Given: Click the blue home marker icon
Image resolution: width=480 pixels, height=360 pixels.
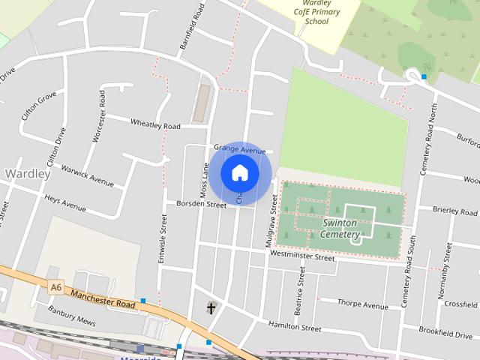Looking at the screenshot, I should [x=240, y=172].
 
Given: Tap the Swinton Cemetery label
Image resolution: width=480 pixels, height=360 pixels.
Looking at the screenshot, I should [x=340, y=229].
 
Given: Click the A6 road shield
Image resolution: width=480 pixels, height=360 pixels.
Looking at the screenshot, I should [x=56, y=286].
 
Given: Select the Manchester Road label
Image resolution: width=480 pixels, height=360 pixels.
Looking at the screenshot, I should [x=104, y=298].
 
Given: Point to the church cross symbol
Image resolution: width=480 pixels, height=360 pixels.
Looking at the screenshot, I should [x=211, y=307].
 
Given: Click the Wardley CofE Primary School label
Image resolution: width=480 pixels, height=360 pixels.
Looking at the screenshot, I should [x=316, y=12].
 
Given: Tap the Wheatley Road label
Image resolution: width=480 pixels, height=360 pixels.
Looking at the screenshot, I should [x=156, y=124].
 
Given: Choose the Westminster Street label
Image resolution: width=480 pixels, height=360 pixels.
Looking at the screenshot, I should [x=302, y=257].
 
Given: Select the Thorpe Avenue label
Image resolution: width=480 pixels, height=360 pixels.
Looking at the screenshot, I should [x=363, y=304].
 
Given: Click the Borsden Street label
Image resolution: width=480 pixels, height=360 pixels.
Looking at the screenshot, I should [x=201, y=204].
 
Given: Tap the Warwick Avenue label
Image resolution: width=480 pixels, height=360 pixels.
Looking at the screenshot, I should [x=88, y=175].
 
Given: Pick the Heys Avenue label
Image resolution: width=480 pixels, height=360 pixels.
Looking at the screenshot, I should [x=65, y=202].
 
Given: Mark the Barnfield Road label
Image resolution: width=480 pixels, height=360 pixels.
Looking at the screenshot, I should [x=192, y=27].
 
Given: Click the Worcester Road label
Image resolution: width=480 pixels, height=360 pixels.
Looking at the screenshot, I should [x=98, y=116].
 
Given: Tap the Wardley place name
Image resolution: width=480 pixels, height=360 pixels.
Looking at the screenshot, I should [x=28, y=173].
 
